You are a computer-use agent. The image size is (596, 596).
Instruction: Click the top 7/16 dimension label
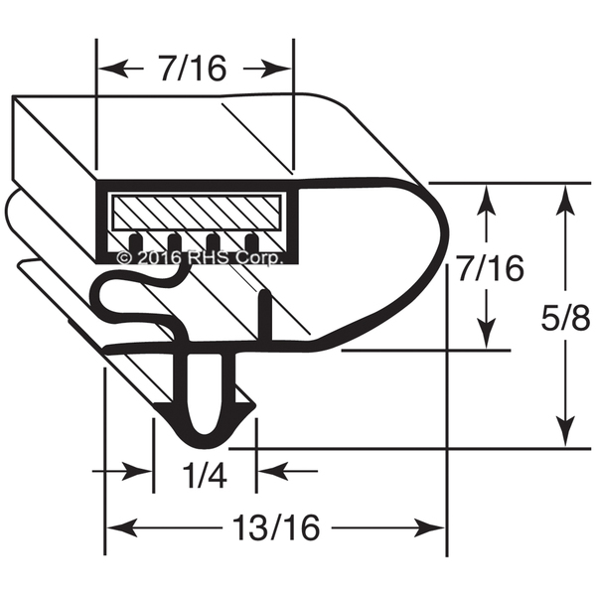tap(193, 69)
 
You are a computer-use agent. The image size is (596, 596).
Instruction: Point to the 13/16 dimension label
tap(276, 527)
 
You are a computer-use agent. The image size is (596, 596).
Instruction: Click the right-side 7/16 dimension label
tap(491, 269)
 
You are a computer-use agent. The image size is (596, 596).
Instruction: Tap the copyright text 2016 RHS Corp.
tap(201, 258)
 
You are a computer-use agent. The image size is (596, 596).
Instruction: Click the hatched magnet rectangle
tap(196, 212)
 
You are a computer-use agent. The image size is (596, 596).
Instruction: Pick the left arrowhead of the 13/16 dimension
tap(122, 527)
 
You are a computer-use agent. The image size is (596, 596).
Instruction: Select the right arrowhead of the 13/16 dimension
tap(429, 527)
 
